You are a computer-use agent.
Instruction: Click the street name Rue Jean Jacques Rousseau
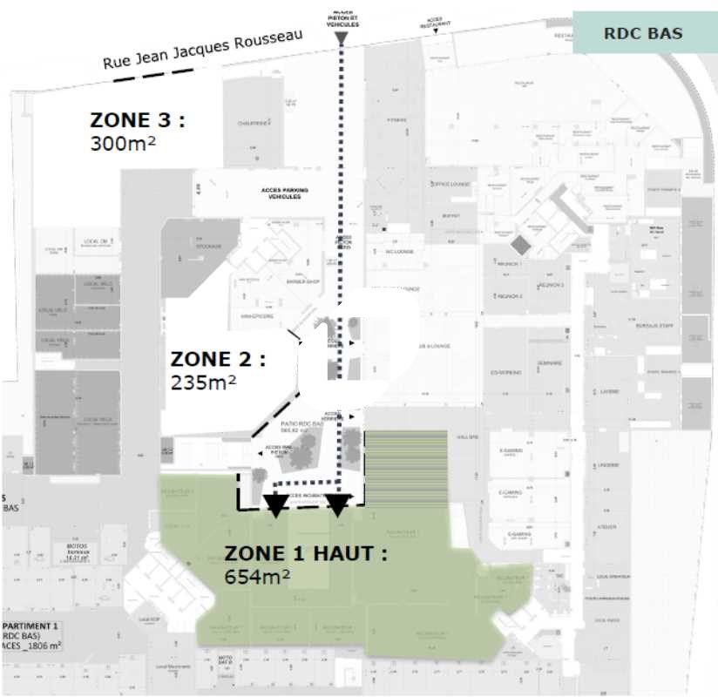pyautogui.click(x=203, y=51)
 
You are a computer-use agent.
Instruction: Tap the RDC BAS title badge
pyautogui.click(x=643, y=34)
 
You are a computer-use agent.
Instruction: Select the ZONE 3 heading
pyautogui.click(x=138, y=120)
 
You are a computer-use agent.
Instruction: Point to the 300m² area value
pyautogui.click(x=123, y=143)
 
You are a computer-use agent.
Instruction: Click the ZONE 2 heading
pyautogui.click(x=218, y=358)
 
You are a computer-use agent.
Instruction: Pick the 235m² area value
pyautogui.click(x=204, y=381)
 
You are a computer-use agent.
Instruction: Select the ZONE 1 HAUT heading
pyautogui.click(x=306, y=553)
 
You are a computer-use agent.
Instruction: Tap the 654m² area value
pyautogui.click(x=258, y=576)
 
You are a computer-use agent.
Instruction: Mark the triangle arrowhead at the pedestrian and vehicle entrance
pyautogui.click(x=342, y=38)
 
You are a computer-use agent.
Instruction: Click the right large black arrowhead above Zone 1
pyautogui.click(x=338, y=503)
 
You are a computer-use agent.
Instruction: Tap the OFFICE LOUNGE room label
pyautogui.click(x=450, y=184)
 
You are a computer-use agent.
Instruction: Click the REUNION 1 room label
pyautogui.click(x=509, y=262)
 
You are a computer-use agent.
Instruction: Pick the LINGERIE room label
pyautogui.click(x=607, y=464)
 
